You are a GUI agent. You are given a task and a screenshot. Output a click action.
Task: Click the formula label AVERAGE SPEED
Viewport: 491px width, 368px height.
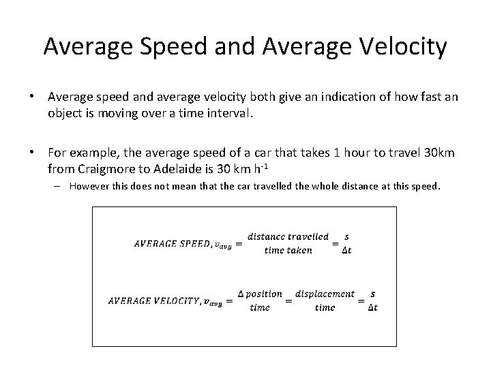pyautogui.click(x=172, y=243)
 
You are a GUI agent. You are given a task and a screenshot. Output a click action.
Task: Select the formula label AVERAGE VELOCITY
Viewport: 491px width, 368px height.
pyautogui.click(x=152, y=301)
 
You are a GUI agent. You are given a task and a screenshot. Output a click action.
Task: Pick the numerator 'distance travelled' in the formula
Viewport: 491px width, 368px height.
pyautogui.click(x=288, y=236)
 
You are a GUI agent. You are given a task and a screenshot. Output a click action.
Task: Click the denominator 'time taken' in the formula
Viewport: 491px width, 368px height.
pyautogui.click(x=288, y=250)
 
